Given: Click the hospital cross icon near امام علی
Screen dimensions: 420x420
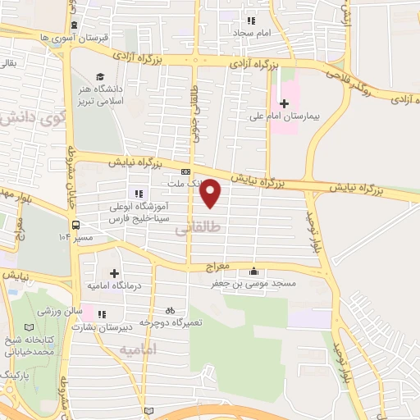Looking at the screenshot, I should coord(285,103).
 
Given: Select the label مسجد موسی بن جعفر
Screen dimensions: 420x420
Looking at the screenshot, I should coord(255,283).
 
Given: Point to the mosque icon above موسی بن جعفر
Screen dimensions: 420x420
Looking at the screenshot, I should coord(253,272).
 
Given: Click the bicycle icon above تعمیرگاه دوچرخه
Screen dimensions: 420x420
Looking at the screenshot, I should coord(170,311).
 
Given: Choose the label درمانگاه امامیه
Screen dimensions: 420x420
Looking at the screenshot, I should coord(115,285).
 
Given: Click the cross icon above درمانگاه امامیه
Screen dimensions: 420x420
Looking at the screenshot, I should coord(114,272).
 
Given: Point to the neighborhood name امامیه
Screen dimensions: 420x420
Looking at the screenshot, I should coord(137,350).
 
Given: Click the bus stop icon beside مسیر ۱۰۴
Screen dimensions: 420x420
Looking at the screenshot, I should coord(75,224).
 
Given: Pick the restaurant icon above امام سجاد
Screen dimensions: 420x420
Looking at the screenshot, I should coord(252,20).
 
